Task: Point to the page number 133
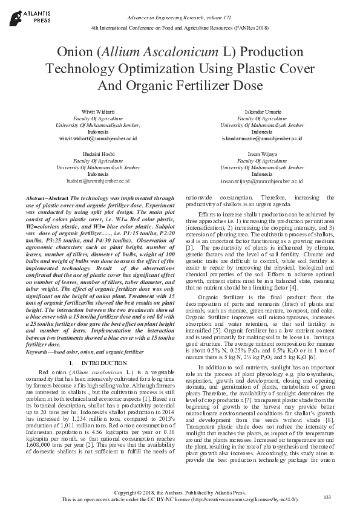point(327,497)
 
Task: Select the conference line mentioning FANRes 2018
point(180,28)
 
